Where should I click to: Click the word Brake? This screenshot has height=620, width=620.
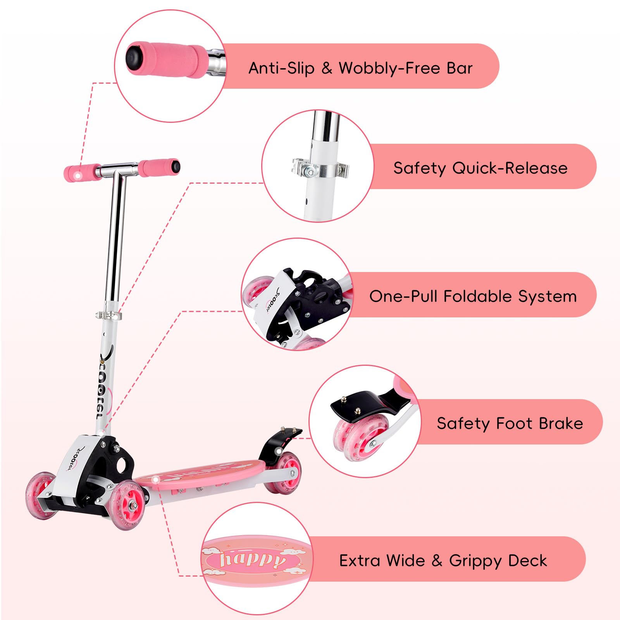[x=561, y=424]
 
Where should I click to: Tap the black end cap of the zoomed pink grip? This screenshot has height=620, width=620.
[x=134, y=58]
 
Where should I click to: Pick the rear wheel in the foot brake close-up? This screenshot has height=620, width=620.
[x=360, y=437]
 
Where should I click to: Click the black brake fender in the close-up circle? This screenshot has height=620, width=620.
[x=368, y=407]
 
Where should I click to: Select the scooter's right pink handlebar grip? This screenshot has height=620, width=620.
[x=159, y=167]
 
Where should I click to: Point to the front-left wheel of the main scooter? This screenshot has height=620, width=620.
[x=41, y=495]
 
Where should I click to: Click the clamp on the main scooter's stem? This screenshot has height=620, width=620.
[x=108, y=315]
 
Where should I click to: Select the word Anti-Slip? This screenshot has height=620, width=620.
[x=281, y=68]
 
